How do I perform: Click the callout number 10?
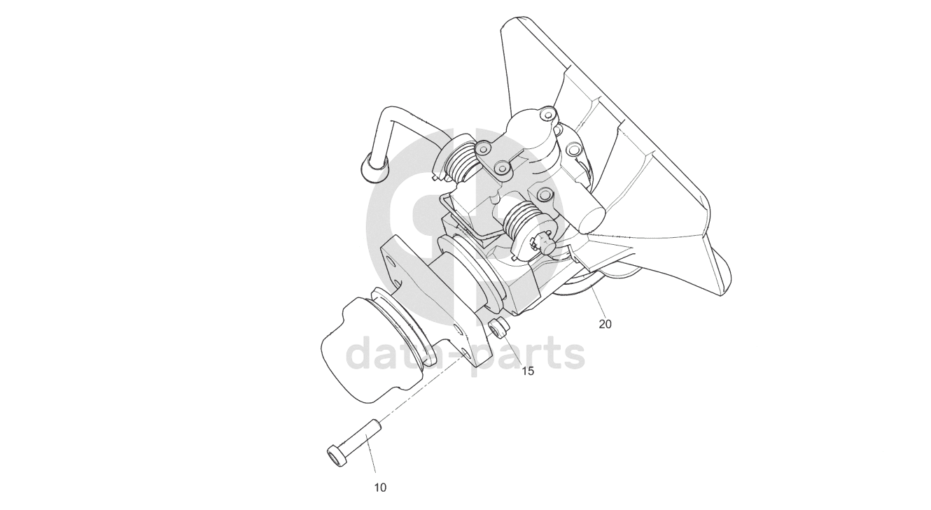coord(380,488)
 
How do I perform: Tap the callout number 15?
coord(528,371)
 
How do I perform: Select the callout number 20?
coord(605,324)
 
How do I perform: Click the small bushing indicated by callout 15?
coord(498,326)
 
